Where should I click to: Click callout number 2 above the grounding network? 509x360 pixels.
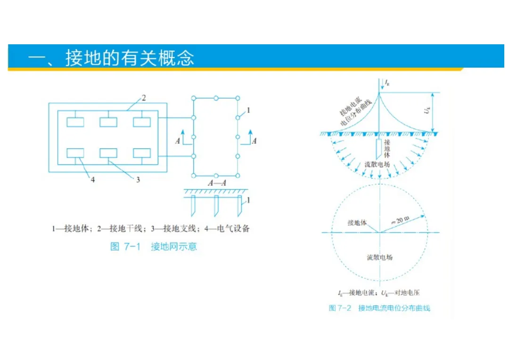click(144, 98)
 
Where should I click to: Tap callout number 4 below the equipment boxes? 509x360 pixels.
click(93, 180)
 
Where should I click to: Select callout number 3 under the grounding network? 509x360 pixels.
click(138, 180)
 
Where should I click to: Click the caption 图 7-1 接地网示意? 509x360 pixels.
click(153, 246)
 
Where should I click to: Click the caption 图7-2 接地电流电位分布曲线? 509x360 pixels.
click(379, 308)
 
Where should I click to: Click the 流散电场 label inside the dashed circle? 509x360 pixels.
click(379, 258)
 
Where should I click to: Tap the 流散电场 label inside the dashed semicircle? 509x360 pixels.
click(377, 165)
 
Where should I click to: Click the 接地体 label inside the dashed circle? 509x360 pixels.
click(357, 222)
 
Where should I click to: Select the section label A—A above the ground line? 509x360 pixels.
click(217, 183)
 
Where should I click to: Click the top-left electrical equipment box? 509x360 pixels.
click(75, 122)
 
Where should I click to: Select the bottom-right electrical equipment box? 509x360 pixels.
click(142, 153)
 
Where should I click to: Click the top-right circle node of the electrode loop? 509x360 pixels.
click(238, 98)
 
